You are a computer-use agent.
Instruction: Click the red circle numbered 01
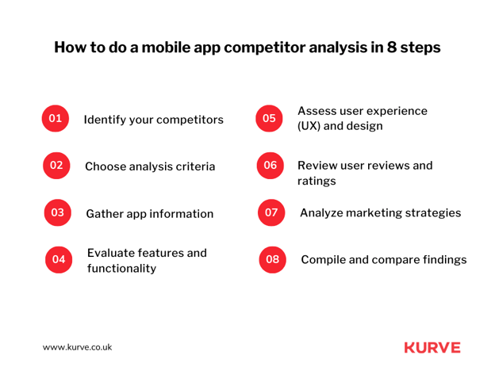[56, 118]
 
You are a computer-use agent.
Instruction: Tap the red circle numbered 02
[56, 165]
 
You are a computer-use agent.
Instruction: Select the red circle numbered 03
[57, 212]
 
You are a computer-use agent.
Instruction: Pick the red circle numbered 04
[59, 259]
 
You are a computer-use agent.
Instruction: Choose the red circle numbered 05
[269, 118]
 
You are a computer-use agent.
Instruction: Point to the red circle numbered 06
[271, 165]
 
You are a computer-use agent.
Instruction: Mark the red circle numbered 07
[271, 212]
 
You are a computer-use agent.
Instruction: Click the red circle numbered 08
[272, 259]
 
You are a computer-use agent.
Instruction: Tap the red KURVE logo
[432, 347]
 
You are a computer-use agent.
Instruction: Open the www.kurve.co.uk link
[78, 347]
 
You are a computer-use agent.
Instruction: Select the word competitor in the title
[264, 48]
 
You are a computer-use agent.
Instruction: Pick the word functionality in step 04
[121, 268]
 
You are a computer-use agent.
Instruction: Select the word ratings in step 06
[317, 182]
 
